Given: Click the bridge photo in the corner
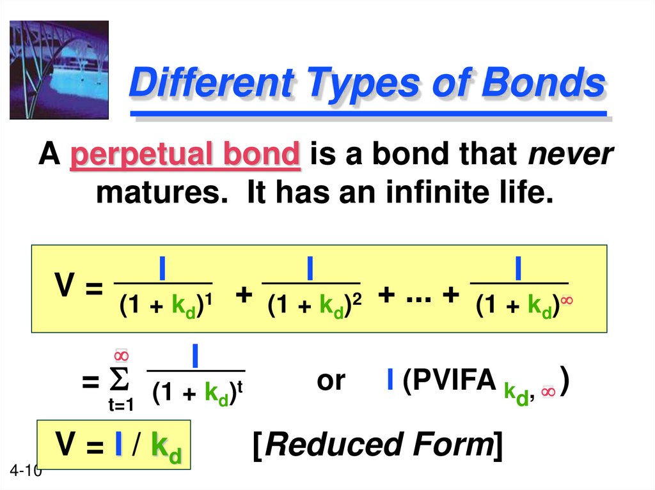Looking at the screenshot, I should (59, 70).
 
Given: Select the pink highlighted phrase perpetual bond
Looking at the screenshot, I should (185, 155).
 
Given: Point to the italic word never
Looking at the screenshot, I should (571, 155).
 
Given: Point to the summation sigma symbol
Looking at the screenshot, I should (120, 381).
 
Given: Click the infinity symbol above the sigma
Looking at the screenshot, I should (121, 355).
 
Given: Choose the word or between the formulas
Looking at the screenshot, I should (331, 381).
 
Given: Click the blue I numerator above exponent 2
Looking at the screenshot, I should (310, 268).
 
